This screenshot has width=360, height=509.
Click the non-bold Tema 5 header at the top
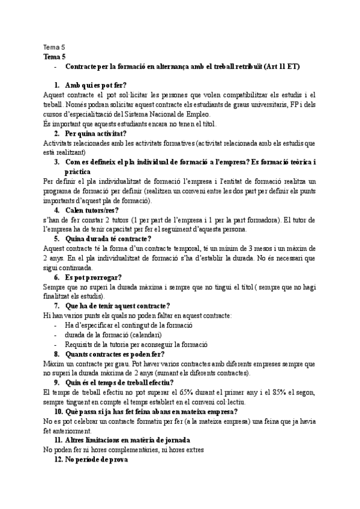coord(55,47)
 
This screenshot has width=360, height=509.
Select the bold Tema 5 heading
coord(55,56)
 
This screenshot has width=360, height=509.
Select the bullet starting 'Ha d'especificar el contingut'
coord(128,325)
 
